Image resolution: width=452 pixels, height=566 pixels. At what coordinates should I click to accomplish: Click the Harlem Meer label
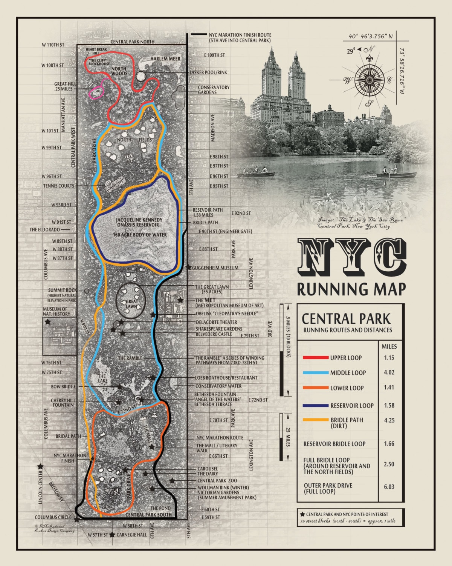[x=165, y=59]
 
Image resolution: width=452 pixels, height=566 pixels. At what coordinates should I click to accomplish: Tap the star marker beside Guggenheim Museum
[x=188, y=267]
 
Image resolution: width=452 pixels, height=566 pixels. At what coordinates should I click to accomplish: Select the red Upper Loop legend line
[x=316, y=357]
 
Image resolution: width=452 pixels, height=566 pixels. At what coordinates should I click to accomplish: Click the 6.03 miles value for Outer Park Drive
[x=389, y=487]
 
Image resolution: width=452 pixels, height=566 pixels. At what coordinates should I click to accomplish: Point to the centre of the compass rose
[x=369, y=80]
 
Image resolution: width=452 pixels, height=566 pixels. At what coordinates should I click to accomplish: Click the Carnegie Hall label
[x=131, y=535]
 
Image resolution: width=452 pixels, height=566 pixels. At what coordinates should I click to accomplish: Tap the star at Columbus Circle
[x=77, y=519]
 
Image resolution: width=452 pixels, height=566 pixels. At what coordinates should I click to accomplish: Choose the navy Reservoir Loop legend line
[x=316, y=406]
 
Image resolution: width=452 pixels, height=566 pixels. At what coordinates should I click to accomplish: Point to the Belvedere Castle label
[x=214, y=334]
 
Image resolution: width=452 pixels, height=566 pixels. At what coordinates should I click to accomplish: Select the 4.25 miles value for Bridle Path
[x=389, y=420]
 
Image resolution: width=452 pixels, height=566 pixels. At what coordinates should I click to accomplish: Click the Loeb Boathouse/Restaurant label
[x=226, y=378]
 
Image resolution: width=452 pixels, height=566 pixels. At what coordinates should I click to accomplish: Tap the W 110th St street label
[x=53, y=45]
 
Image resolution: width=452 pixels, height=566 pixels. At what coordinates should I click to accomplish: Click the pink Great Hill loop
[x=96, y=92]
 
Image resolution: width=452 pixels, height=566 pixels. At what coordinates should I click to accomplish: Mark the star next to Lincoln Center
[x=40, y=466]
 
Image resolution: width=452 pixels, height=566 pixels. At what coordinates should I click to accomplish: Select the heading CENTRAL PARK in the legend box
[x=346, y=319]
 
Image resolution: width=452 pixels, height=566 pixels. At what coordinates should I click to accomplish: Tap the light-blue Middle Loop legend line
[x=316, y=373]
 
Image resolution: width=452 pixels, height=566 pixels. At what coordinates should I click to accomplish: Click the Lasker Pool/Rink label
[x=208, y=72]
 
